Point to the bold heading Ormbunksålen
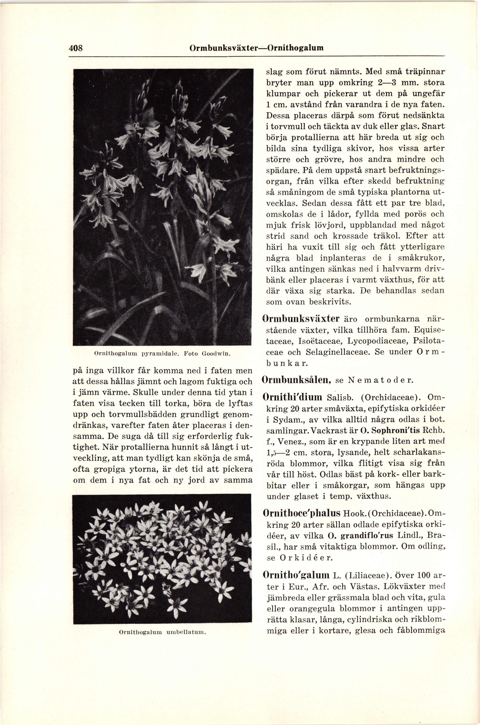click(297, 381)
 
